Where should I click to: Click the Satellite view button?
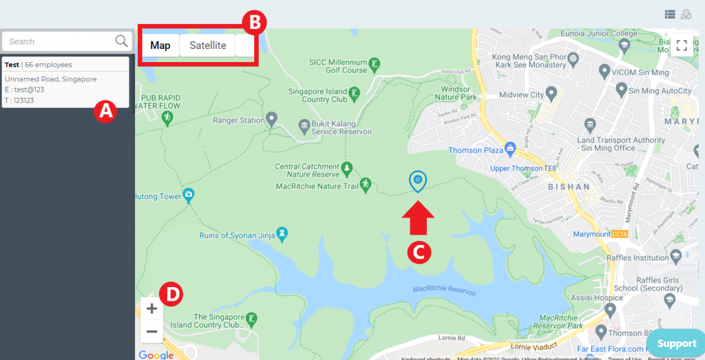tap(207, 46)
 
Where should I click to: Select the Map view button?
tap(160, 46)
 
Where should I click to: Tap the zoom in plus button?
tap(152, 308)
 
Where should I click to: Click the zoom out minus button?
tap(152, 332)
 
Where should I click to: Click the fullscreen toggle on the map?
tap(682, 46)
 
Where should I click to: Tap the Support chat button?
tap(676, 343)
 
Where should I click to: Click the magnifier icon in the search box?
tap(122, 41)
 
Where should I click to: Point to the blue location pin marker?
tap(417, 180)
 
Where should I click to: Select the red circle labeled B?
tap(254, 22)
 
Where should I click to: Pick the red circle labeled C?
tap(419, 251)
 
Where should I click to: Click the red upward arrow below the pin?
tap(419, 218)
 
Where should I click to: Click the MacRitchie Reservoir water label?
tap(444, 291)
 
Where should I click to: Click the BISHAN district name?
tap(569, 187)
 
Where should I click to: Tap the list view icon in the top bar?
tap(670, 14)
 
